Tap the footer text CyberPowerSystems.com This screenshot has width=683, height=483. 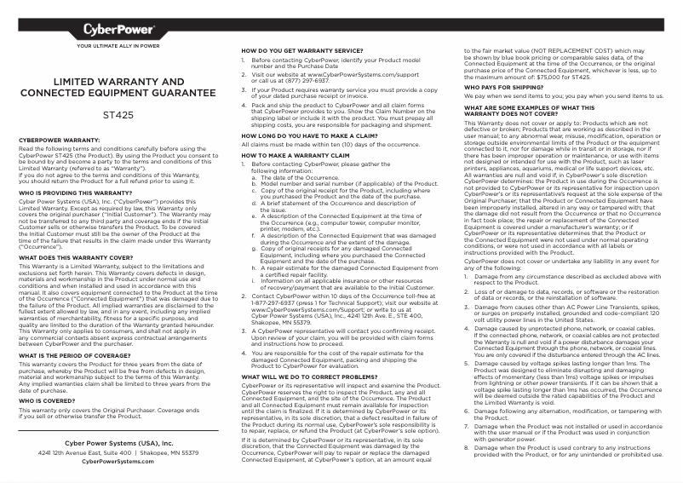(118, 461)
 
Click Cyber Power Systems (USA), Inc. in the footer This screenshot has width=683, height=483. (118, 443)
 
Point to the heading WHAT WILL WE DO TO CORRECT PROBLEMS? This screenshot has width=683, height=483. (309, 376)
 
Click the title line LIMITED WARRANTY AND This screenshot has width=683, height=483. (118, 81)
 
